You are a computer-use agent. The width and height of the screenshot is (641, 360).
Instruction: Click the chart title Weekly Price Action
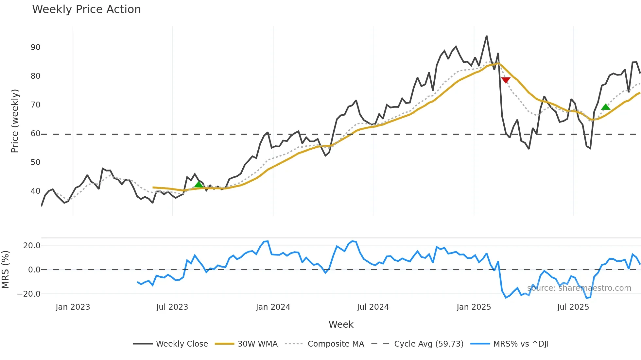click(x=86, y=9)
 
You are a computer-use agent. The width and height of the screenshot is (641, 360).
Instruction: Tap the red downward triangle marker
click(x=506, y=80)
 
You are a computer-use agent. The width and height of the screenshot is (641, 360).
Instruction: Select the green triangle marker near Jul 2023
click(x=199, y=185)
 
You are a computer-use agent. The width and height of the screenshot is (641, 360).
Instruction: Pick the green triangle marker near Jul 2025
click(x=606, y=107)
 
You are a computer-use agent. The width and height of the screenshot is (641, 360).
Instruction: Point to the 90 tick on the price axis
click(x=35, y=47)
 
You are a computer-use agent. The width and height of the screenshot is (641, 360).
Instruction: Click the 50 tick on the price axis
click(x=35, y=162)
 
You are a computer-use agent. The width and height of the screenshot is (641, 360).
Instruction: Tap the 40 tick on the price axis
click(x=35, y=191)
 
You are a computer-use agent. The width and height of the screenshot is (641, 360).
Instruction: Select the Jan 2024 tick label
click(x=273, y=307)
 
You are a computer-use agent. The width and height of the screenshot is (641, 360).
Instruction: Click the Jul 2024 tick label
click(x=373, y=307)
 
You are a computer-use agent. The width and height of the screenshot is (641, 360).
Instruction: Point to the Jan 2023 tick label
click(x=73, y=307)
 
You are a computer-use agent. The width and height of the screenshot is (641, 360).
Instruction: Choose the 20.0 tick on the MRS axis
click(x=32, y=246)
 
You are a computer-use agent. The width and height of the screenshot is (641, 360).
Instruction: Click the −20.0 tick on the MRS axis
click(x=29, y=294)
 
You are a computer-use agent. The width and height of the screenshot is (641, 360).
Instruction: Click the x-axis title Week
click(x=341, y=324)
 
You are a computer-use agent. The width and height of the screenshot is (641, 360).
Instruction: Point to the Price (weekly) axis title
click(x=15, y=121)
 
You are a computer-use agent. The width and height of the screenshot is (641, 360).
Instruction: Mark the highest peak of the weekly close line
click(x=487, y=36)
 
